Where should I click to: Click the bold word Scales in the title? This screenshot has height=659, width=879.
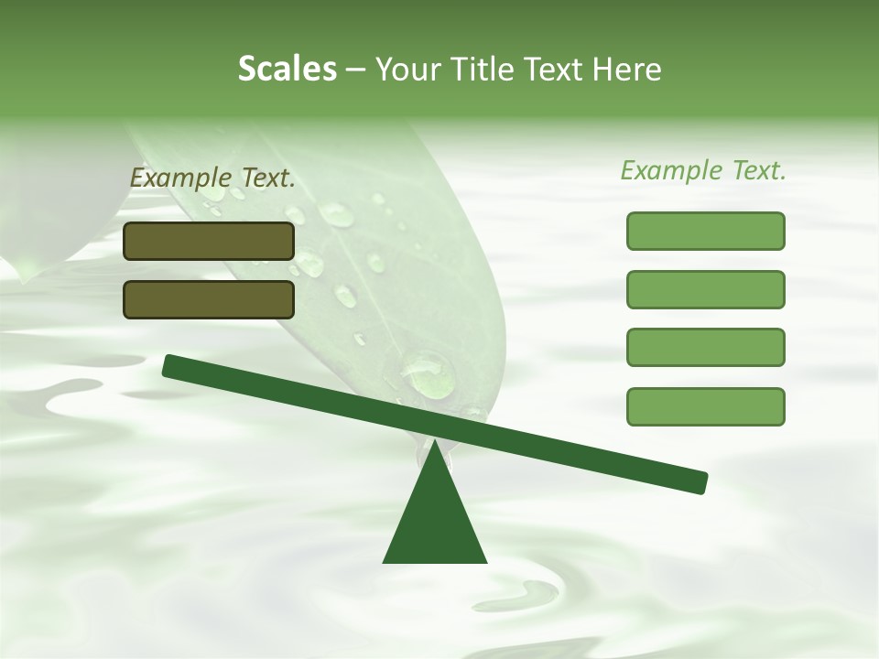click(287, 69)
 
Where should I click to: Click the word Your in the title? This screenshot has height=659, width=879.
click(407, 69)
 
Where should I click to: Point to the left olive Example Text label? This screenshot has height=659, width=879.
click(212, 178)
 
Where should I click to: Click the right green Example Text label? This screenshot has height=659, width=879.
click(703, 170)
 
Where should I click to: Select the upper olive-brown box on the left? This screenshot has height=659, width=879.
click(209, 241)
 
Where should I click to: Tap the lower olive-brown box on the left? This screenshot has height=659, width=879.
click(209, 299)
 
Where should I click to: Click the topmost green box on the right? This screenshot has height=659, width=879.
click(705, 231)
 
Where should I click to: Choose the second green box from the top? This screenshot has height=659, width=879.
click(705, 289)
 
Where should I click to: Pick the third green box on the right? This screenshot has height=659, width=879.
click(705, 348)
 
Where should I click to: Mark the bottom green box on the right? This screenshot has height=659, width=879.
click(705, 406)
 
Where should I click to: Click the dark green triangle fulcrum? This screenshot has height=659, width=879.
click(435, 522)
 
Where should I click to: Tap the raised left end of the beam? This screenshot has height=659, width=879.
click(174, 366)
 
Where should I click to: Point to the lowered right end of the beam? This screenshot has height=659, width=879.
click(696, 481)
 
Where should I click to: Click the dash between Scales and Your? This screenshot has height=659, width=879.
click(355, 70)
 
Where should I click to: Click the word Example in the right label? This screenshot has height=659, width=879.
click(670, 170)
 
